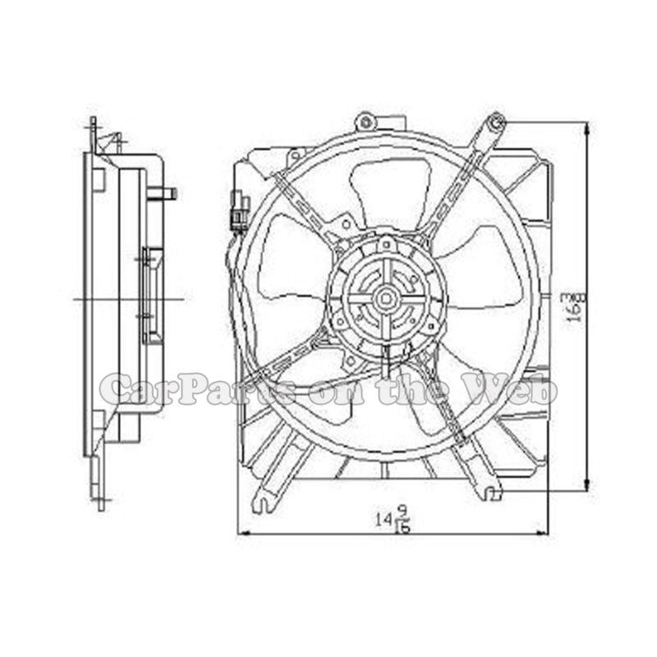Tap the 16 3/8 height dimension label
[x=575, y=306]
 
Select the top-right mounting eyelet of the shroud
[x=496, y=124]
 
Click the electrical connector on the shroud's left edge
[x=239, y=210]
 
